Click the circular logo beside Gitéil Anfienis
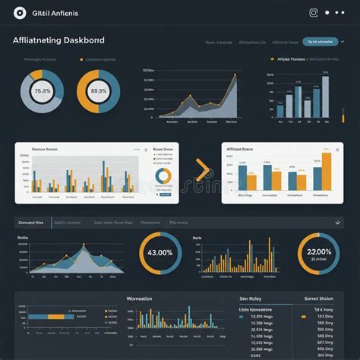tap(19, 13)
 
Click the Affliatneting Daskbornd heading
tap(59, 39)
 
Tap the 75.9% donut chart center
tap(42, 91)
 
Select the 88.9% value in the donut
tap(98, 91)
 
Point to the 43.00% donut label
tap(160, 253)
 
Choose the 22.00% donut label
tap(318, 253)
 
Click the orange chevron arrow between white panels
tap(203, 170)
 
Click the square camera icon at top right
tap(313, 12)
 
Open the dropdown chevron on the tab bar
tap(337, 223)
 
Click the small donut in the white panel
tap(163, 176)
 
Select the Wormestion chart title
tap(139, 299)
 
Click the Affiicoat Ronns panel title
tap(240, 150)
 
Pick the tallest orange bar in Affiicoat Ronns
tap(327, 170)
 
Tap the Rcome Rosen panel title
tap(45, 150)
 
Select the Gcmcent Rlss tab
tap(31, 223)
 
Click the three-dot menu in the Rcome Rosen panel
tap(137, 150)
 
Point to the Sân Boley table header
tap(250, 299)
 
